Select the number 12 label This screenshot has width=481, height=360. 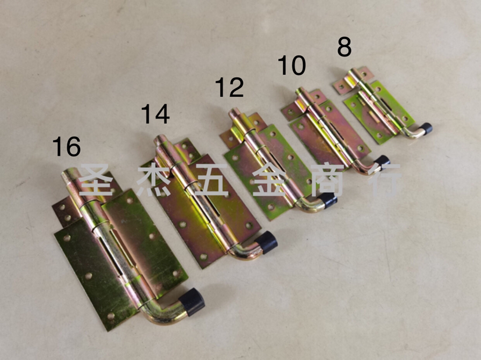pyautogui.click(x=229, y=87)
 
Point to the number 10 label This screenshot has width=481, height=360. pyautogui.click(x=292, y=65)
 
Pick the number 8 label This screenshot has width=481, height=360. pyautogui.click(x=344, y=46)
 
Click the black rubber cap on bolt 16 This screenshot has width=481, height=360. pyautogui.click(x=192, y=302)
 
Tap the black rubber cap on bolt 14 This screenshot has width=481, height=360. pyautogui.click(x=266, y=242)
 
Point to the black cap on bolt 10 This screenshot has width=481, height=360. pyautogui.click(x=382, y=162)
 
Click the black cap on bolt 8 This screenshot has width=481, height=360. pyautogui.click(x=426, y=129)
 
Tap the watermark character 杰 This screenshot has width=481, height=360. pyautogui.click(x=154, y=179)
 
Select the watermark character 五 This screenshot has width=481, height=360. pyautogui.click(x=211, y=179)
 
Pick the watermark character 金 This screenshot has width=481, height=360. pyautogui.click(x=270, y=179)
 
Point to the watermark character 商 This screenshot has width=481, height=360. pyautogui.click(x=327, y=179)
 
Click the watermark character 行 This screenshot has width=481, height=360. pyautogui.click(x=385, y=179)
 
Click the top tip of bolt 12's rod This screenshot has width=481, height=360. pyautogui.click(x=235, y=111)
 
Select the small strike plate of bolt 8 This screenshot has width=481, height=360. pyautogui.click(x=353, y=80)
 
